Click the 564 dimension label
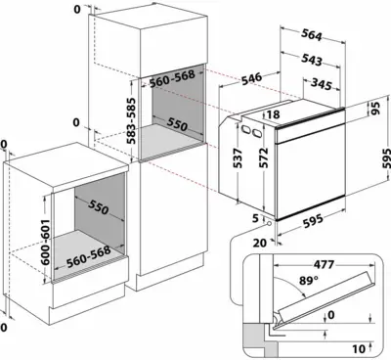point(311,35)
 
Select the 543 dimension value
point(312,60)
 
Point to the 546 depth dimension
point(251,79)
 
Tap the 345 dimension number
point(321,84)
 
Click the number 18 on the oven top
point(273,114)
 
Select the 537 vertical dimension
point(238,158)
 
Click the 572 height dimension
point(263,157)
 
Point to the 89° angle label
point(308,281)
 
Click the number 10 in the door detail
point(359,349)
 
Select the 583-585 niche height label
point(131,120)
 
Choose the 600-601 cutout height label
point(46,243)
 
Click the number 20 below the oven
point(260,243)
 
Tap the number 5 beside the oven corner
point(255,217)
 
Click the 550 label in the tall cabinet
point(177,124)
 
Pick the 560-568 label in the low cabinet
point(88,256)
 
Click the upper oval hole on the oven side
point(245,129)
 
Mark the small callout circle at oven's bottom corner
point(269,223)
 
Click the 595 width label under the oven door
point(313,221)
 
